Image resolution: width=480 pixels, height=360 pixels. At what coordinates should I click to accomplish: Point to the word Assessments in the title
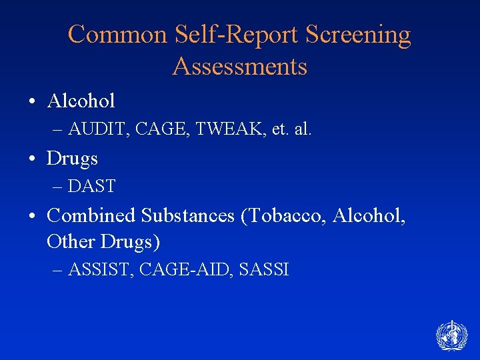point(240,66)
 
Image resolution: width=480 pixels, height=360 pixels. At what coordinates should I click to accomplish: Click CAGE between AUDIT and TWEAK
point(158,129)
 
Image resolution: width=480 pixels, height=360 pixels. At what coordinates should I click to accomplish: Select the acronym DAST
point(91,187)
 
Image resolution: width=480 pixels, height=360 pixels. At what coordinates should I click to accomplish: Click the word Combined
point(92,215)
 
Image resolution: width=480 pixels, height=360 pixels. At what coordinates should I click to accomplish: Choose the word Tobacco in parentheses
point(291,215)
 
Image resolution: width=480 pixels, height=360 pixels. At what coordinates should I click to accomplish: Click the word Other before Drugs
point(71,241)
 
